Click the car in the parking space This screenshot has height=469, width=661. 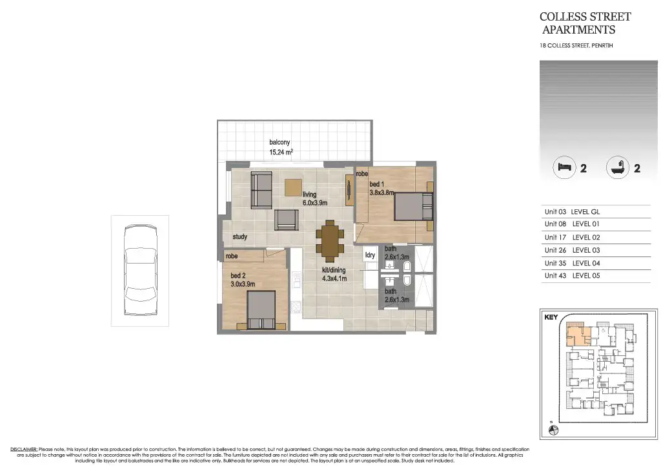140,273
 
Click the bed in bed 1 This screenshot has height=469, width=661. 412,207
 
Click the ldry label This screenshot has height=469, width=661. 371,255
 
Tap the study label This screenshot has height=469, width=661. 240,237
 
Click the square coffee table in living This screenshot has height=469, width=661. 293,187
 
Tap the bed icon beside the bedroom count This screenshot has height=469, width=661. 564,168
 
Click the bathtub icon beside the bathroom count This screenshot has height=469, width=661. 617,168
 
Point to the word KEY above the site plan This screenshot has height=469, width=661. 551,318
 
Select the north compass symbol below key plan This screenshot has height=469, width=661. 553,430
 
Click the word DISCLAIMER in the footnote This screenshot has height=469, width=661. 23,449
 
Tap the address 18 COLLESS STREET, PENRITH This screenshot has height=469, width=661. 576,46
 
